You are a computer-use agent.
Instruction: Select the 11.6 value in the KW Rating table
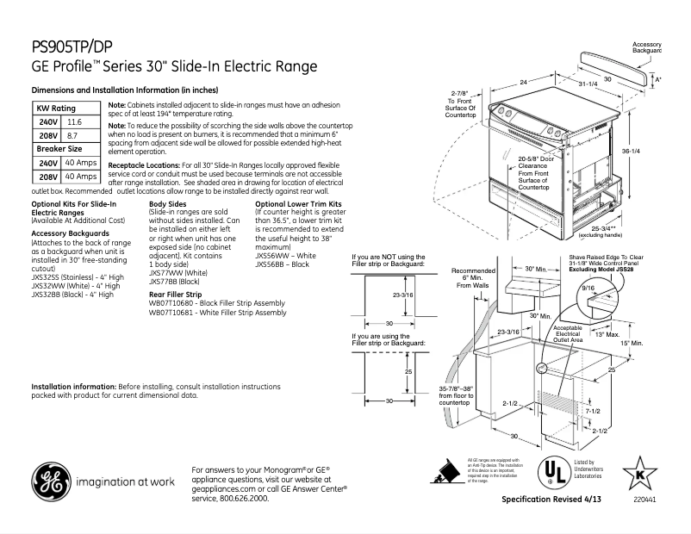click(x=74, y=123)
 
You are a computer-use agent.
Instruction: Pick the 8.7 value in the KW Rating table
click(x=72, y=136)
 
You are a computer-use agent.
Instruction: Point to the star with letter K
click(x=639, y=472)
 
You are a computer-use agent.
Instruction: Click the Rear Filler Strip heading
click(x=176, y=294)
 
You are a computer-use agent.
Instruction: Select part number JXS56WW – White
click(x=285, y=256)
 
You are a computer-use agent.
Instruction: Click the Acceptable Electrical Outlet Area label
click(x=568, y=334)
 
